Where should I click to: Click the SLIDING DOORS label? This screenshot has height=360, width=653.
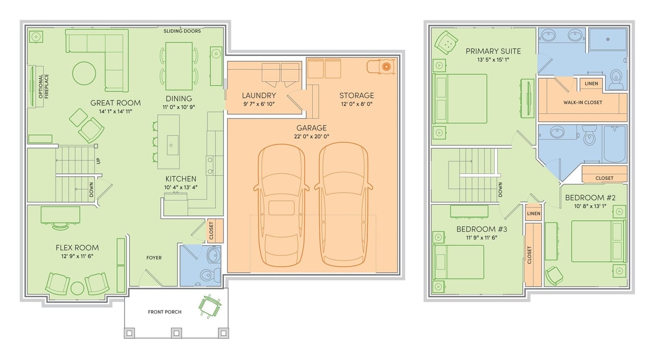click(182, 31)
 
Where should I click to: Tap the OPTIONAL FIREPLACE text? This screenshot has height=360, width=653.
click(43, 86)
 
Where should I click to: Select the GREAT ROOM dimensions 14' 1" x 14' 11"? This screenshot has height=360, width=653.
click(115, 111)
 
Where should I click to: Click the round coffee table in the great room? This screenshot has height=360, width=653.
click(84, 73)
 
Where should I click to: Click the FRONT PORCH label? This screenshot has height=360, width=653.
click(165, 312)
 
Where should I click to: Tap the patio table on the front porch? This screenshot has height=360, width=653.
click(209, 306)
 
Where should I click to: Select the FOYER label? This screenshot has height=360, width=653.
click(154, 258)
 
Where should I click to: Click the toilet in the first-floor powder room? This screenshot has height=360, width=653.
click(211, 274)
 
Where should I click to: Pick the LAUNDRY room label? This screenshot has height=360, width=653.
click(259, 95)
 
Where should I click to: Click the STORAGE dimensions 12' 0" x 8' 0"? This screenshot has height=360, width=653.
click(357, 104)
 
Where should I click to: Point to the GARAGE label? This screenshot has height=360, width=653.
click(311, 128)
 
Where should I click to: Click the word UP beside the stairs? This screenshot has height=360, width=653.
click(98, 161)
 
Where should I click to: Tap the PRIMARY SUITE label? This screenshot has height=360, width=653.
click(493, 52)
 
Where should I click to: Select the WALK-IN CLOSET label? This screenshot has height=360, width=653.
click(583, 102)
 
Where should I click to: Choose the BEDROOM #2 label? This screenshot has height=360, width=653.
click(590, 198)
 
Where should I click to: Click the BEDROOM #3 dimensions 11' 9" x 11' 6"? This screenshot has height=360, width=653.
click(482, 238)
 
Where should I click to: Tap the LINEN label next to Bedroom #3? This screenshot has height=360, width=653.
click(534, 214)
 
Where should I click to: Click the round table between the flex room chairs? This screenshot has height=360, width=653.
click(77, 288)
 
